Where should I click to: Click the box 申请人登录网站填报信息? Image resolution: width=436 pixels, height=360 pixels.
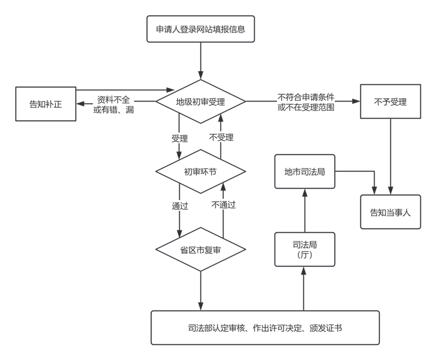[x=201, y=29]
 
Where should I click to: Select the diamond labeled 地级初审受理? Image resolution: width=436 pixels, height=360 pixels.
[x=201, y=101]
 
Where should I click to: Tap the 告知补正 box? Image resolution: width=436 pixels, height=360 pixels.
[x=45, y=104]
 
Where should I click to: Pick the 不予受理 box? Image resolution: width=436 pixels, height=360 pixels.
[x=390, y=101]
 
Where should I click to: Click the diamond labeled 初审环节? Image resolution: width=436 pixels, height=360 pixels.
[x=201, y=171]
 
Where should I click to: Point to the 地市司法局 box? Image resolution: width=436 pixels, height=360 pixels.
[x=305, y=171]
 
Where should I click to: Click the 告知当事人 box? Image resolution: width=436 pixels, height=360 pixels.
[x=390, y=211]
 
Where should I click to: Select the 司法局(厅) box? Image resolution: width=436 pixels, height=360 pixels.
[x=305, y=249]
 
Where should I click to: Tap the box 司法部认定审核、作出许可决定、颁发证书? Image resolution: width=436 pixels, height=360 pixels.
[x=265, y=328]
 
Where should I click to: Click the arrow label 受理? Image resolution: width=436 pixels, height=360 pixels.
[x=179, y=139]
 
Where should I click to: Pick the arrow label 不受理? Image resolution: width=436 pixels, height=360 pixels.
[x=221, y=137]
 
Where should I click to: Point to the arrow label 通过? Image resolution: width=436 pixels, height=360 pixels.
[x=179, y=206]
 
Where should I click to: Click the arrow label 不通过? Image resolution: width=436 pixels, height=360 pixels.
[x=223, y=206]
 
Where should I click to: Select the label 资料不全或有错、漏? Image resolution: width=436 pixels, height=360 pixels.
[x=114, y=104]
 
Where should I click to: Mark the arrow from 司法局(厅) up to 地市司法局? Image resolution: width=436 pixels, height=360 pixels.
[x=305, y=210]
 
